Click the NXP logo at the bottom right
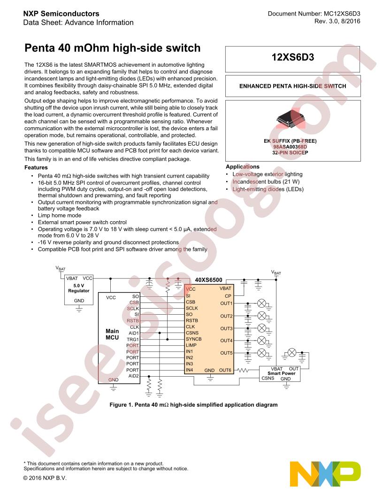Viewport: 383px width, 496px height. tap(325, 474)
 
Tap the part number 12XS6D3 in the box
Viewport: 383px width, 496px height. tap(292, 57)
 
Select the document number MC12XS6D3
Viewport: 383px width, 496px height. tap(342, 14)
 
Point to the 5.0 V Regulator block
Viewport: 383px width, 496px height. tap(79, 290)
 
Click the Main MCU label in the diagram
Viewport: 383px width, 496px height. tap(112, 334)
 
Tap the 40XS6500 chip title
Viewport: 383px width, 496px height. tap(208, 280)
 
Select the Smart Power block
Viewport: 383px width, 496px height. tap(280, 374)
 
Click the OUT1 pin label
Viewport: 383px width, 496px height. tap(226, 303)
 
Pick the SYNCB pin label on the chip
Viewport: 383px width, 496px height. tap(194, 339)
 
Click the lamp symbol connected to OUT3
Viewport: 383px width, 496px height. tap(261, 328)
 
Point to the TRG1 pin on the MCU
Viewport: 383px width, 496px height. tap(133, 340)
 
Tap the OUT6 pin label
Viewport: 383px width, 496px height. tap(225, 370)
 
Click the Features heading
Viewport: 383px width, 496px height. tap(36, 168)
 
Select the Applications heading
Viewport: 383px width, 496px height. tap(242, 167)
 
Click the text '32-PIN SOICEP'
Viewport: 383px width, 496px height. tap(290, 153)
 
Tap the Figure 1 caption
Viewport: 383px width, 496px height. tap(193, 405)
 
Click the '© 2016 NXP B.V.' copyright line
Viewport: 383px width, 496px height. tap(45, 478)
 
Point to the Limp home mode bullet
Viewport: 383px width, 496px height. tap(60, 216)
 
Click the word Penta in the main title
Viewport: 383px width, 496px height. tap(39, 48)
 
